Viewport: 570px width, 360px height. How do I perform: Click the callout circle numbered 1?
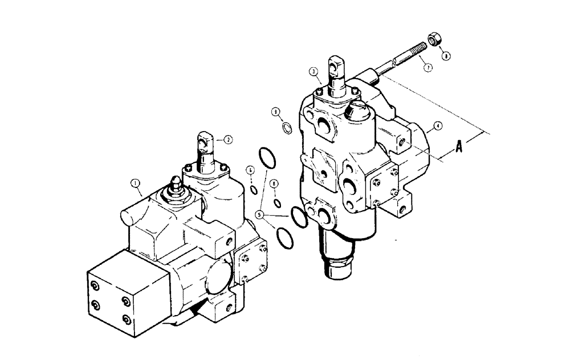135,183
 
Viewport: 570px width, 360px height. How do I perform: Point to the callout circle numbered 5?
259,215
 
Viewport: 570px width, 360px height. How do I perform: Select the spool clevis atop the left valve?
205,142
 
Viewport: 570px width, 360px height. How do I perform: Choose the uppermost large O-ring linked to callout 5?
267,157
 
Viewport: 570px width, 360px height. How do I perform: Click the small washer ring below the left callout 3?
288,128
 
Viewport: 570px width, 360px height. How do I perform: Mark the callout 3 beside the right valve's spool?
313,72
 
